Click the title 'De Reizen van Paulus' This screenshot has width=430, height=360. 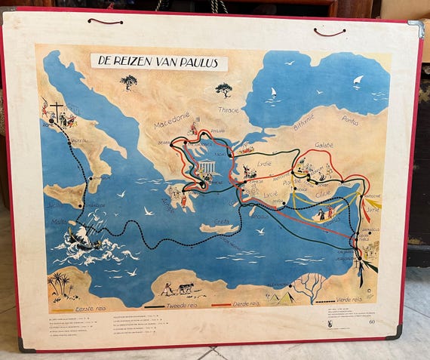point(158,62)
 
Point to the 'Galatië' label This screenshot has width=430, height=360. point(324,144)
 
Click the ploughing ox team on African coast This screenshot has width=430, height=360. point(178,289)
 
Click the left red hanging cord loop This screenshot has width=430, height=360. point(105,21)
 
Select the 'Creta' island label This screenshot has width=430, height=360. point(220,221)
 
